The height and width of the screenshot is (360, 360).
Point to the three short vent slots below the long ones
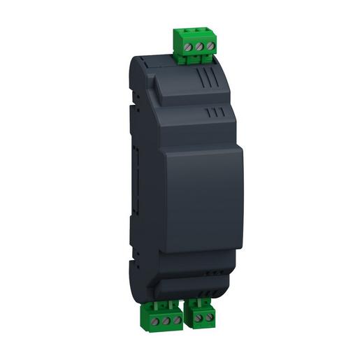click(x=215, y=111)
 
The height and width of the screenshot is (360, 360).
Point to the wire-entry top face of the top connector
click(x=192, y=32)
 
